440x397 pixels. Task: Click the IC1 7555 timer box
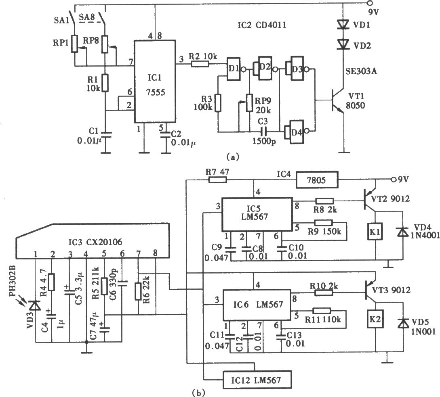155,81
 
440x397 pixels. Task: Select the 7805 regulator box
317,180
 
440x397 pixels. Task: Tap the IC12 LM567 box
257,380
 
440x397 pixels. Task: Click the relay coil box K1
375,232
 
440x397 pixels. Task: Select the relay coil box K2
375,319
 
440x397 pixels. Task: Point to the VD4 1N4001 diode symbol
403,232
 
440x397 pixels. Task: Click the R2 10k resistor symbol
200,64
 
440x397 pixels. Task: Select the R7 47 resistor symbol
217,180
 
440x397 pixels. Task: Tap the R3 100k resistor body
218,103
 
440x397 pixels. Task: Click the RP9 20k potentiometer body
249,103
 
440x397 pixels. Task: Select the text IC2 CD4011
262,25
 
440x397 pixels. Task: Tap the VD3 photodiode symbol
35,305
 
